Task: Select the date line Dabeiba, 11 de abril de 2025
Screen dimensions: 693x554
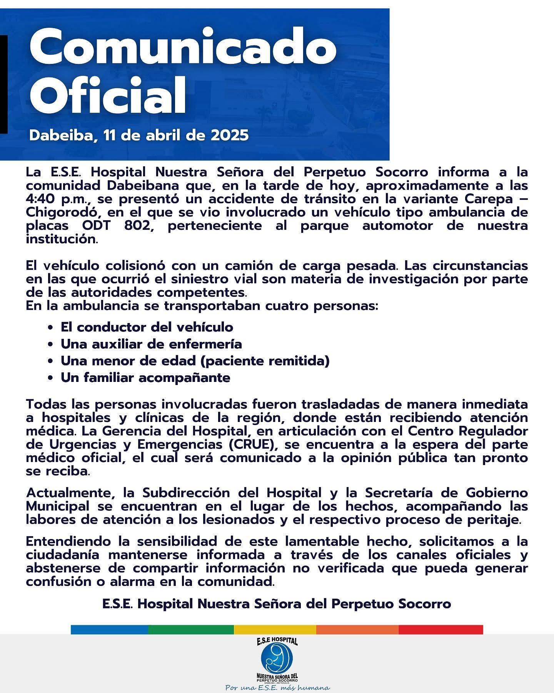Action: pos(139,135)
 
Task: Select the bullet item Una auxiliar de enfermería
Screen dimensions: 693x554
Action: pos(151,344)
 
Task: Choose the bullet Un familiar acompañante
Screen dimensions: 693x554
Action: pos(145,378)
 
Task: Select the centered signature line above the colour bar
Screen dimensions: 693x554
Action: pos(277,604)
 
